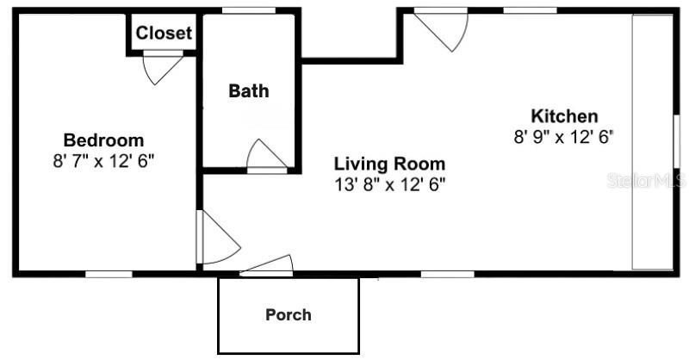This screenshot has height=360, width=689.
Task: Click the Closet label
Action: pos(164,34)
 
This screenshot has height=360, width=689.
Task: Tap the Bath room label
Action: pos(248,90)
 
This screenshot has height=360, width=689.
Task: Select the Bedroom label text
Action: pos(103,140)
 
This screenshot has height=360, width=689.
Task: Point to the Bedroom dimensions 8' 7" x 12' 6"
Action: pos(103,160)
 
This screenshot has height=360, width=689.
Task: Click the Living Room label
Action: pos(389,164)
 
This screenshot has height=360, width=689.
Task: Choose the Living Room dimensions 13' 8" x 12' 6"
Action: pos(389,183)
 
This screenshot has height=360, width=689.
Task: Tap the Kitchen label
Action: pos(564,116)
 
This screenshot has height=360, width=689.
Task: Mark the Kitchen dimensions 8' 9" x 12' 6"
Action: pos(563,136)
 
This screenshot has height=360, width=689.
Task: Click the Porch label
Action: pos(288,314)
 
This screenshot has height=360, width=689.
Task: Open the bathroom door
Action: pos(265,156)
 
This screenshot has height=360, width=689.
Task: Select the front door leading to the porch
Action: pos(266,266)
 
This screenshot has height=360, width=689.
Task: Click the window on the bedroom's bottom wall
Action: pos(109,275)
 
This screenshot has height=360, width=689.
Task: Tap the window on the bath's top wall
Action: pos(248,10)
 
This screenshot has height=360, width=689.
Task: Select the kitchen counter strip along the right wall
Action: pos(652,142)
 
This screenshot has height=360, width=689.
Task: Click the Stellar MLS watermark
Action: pos(646,181)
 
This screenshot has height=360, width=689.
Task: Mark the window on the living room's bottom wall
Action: pos(447,275)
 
